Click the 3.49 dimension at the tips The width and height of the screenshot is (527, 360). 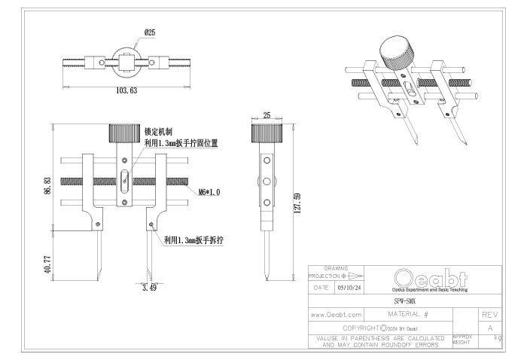149,287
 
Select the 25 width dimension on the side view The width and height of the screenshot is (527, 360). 266,116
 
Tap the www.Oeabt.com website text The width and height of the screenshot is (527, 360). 337,313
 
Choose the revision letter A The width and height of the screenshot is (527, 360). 490,328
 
